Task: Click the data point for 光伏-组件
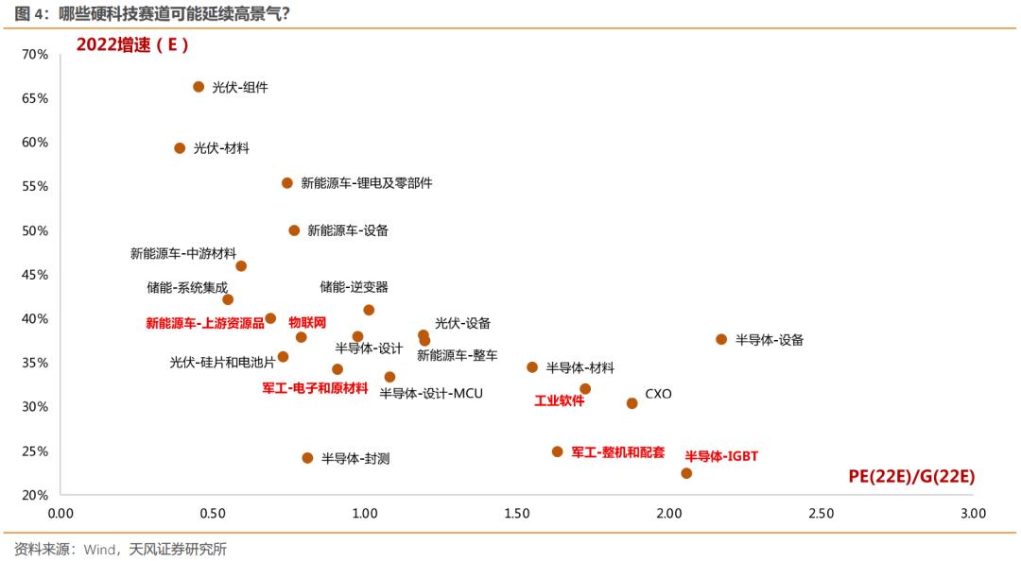click(x=199, y=87)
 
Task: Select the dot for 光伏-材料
click(x=180, y=148)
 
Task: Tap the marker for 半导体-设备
click(x=721, y=339)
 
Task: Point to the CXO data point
click(x=632, y=403)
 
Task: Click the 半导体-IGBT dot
click(x=686, y=473)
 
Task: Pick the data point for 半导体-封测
click(x=307, y=458)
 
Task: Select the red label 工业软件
click(x=560, y=400)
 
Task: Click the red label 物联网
click(x=307, y=322)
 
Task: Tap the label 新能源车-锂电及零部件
click(x=367, y=183)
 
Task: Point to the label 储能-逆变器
click(x=354, y=287)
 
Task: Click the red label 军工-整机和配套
click(x=618, y=452)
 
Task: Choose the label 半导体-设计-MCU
click(x=431, y=393)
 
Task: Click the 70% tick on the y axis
click(x=35, y=55)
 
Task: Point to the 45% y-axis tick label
click(x=35, y=275)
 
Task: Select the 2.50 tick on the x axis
click(x=821, y=514)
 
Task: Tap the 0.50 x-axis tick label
click(x=213, y=514)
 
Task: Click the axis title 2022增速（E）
click(x=132, y=44)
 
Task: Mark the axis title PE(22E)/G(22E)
click(x=910, y=477)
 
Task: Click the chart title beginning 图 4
click(x=151, y=12)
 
